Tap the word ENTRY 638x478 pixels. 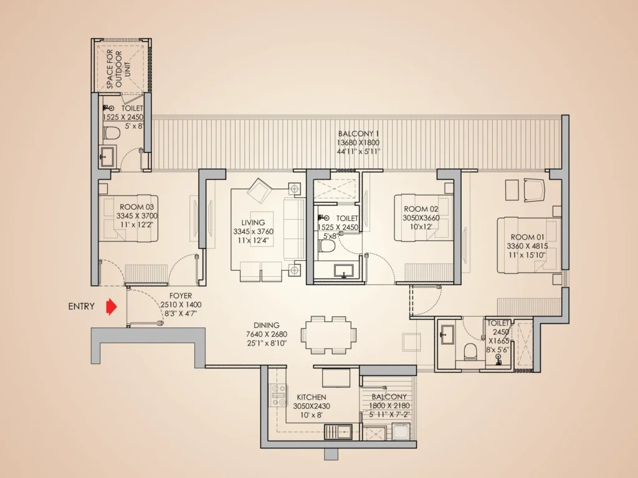(82, 306)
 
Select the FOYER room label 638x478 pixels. (181, 296)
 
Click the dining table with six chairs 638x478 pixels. (329, 334)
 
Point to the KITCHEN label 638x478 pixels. (311, 397)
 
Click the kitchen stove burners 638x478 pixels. (277, 393)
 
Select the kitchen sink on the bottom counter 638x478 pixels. (339, 431)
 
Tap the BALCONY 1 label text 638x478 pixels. (358, 134)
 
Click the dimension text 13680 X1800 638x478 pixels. (358, 143)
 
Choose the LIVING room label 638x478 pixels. (253, 222)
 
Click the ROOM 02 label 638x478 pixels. (417, 209)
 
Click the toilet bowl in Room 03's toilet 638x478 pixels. (112, 133)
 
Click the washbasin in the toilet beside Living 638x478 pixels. (343, 271)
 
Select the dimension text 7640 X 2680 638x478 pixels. (266, 334)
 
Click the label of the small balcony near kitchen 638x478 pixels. (389, 396)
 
